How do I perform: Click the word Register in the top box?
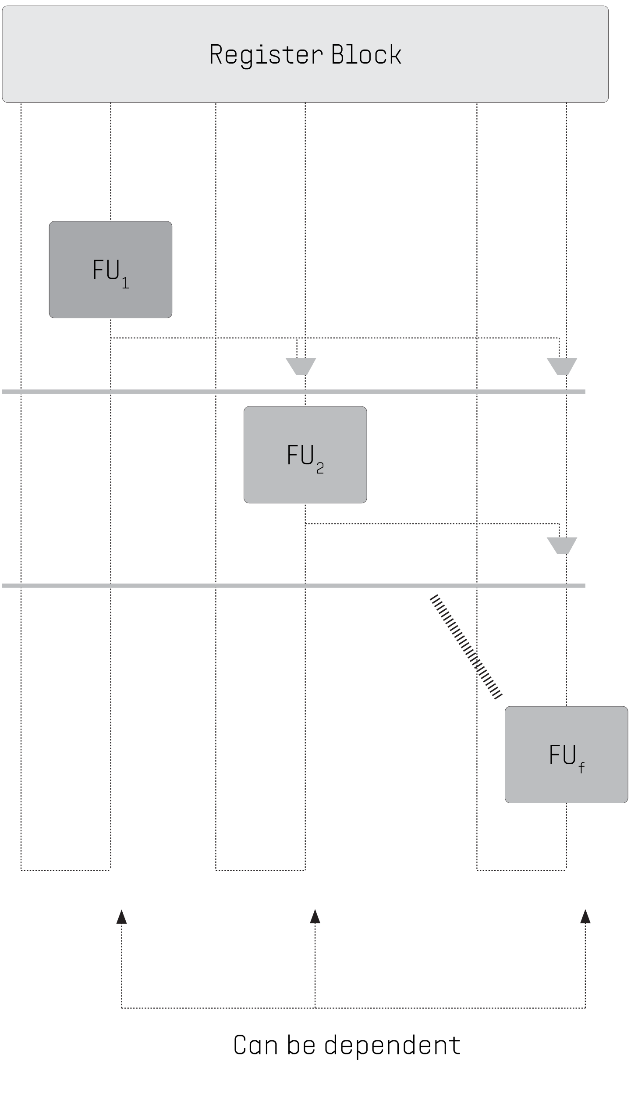pos(266,55)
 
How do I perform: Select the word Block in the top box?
pos(366,54)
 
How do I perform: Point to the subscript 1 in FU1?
pos(125,283)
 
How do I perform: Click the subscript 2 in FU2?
pos(320,469)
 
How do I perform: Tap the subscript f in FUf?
pos(581,768)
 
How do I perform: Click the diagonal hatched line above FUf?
pos(466,646)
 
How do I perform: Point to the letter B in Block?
pos(338,54)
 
